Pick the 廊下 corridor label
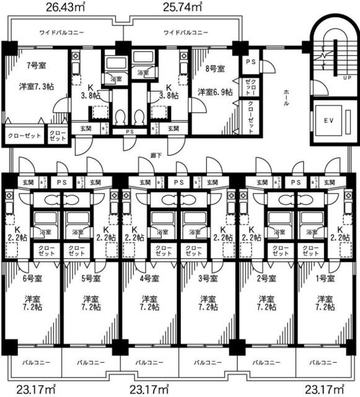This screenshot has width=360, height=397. (x=156, y=154)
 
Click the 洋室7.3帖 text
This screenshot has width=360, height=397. (x=36, y=86)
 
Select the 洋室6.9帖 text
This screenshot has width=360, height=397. (x=215, y=92)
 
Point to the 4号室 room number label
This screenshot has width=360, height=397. (x=149, y=278)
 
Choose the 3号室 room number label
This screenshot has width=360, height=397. (x=207, y=278)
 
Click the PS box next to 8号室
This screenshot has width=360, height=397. (x=251, y=62)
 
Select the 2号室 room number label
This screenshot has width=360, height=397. (x=266, y=278)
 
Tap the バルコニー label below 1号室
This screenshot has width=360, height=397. (x=323, y=361)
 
